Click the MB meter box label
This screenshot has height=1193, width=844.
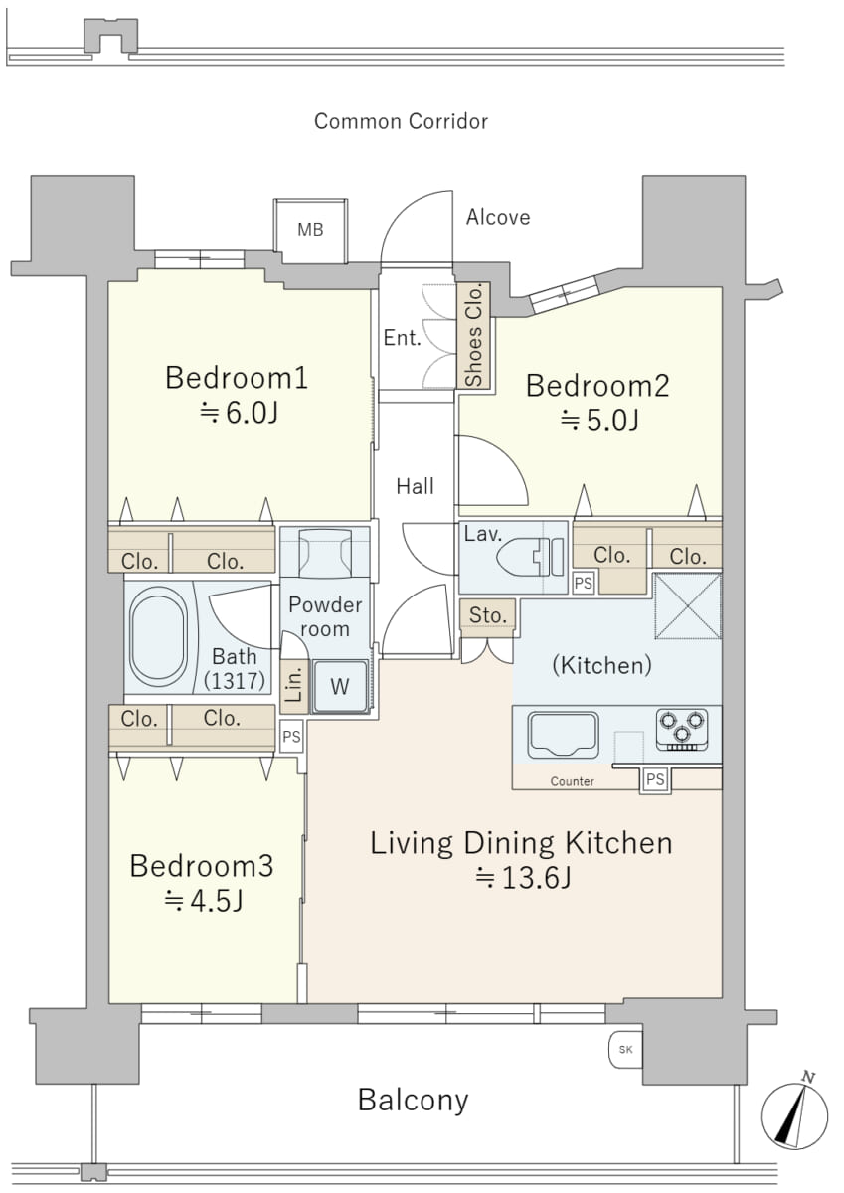coord(310,230)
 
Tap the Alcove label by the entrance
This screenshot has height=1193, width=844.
coord(498,218)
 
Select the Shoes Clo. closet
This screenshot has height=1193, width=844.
coord(473,335)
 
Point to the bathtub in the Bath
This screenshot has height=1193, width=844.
coord(159,637)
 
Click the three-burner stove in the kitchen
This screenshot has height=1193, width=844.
coord(682,729)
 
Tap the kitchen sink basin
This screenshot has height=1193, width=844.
coord(563,735)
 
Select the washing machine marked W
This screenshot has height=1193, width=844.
coord(340,687)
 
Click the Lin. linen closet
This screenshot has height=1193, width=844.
coord(294,687)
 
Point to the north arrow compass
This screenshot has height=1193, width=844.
coord(794,1115)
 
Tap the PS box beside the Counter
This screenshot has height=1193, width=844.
coord(655,779)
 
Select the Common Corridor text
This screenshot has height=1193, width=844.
coord(401,121)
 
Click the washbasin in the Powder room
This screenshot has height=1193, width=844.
coord(325,552)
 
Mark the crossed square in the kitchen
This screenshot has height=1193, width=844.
coord(688,605)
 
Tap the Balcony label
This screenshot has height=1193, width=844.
coord(414,1101)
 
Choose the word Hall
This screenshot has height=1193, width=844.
coord(416,486)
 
